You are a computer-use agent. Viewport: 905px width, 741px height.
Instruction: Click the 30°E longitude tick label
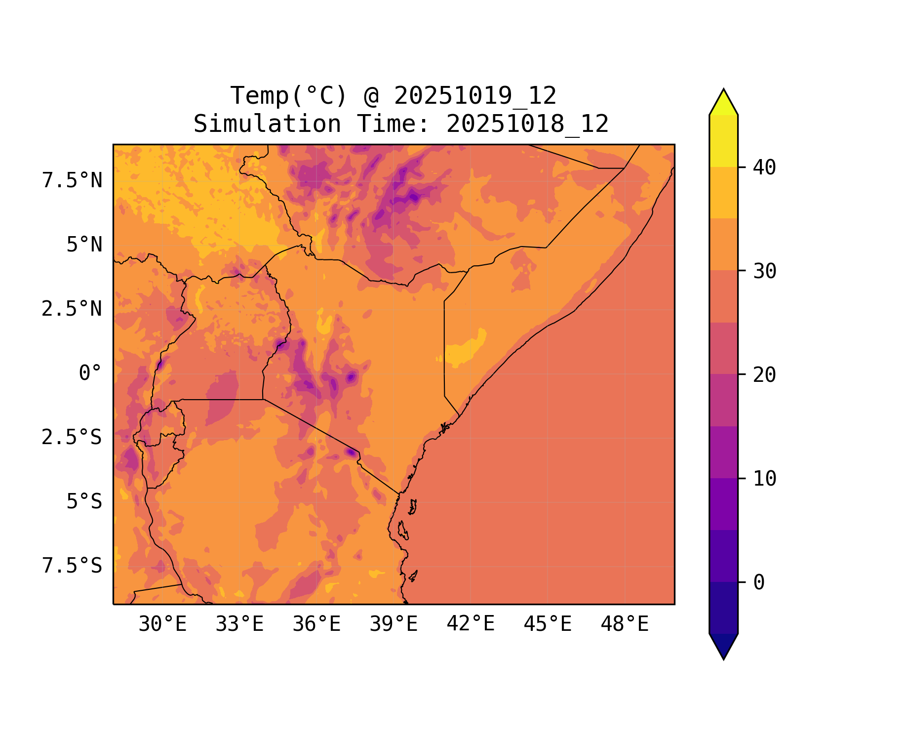point(162,624)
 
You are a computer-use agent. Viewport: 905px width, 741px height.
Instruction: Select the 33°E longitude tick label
point(239,624)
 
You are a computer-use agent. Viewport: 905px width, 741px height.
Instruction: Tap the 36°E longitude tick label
point(316,624)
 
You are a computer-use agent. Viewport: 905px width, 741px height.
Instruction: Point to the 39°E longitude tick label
point(393,624)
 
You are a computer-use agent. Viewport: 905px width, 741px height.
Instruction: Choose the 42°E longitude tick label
point(471,624)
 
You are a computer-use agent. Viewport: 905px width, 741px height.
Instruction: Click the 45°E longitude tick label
point(548,624)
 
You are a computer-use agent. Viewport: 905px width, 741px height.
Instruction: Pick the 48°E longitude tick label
point(625,624)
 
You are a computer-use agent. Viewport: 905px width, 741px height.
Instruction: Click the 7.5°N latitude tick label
point(72,181)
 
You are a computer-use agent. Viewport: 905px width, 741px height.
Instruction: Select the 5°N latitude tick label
point(84,245)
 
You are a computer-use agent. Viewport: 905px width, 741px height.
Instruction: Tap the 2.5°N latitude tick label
point(72,309)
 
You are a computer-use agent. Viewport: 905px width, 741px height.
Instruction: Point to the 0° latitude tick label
point(90,373)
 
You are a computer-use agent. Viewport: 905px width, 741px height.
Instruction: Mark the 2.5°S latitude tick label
point(72,438)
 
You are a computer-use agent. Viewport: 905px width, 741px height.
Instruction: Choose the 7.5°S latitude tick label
point(72,566)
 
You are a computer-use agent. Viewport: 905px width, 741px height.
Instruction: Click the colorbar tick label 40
point(765,167)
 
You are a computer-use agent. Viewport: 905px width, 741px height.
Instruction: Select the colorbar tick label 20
point(765,375)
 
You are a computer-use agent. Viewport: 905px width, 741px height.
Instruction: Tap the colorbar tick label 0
point(759,582)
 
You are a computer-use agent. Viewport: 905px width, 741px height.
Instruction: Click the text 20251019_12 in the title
point(475,95)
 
